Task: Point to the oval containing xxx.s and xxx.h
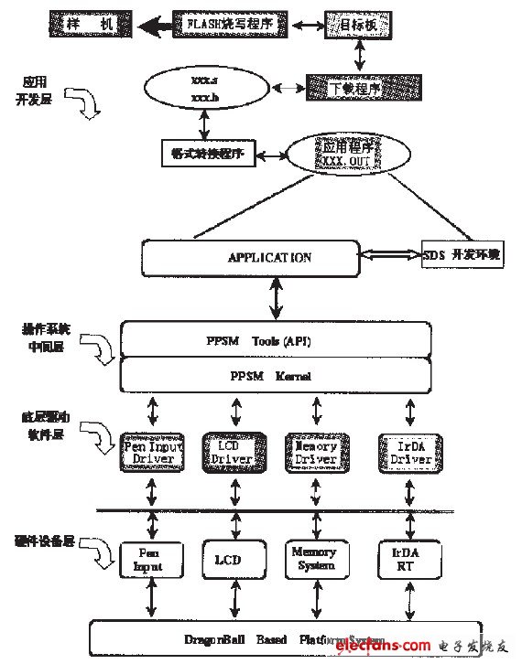point(204,88)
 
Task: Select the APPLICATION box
point(269,258)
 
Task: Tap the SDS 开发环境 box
point(462,257)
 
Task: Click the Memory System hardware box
point(314,559)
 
